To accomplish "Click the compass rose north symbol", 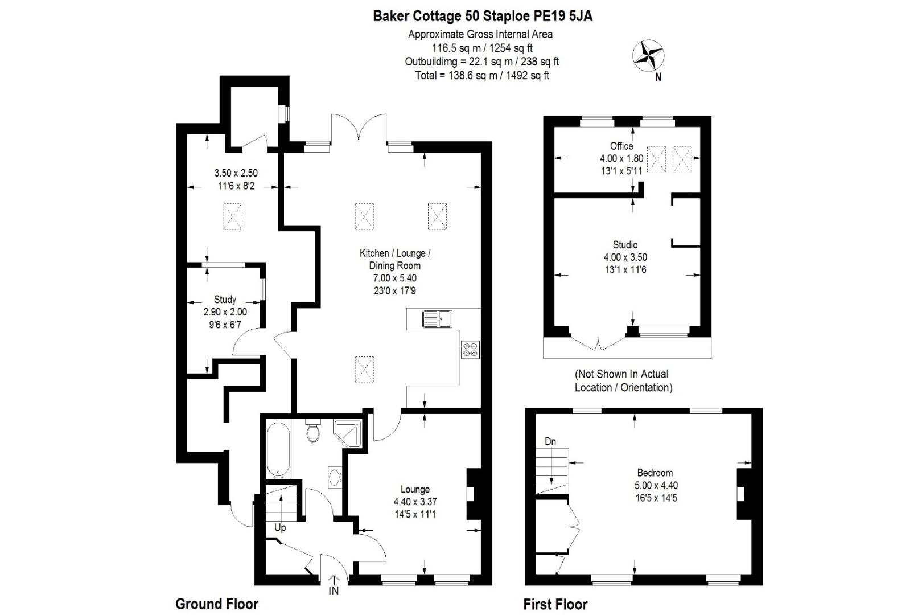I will pyautogui.click(x=648, y=55).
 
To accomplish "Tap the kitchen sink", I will pyautogui.click(x=437, y=319).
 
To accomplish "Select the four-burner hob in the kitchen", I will pyautogui.click(x=470, y=349).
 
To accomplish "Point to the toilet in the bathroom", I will pyautogui.click(x=312, y=432).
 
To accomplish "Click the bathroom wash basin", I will pyautogui.click(x=335, y=477).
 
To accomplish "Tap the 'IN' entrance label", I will pyautogui.click(x=334, y=591).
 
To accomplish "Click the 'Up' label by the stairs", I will pyautogui.click(x=280, y=527).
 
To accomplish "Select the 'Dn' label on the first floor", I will pyautogui.click(x=550, y=441).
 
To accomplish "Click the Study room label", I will pyautogui.click(x=225, y=299).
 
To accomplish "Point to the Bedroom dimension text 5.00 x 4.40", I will pyautogui.click(x=656, y=485).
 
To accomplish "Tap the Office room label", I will pyautogui.click(x=621, y=146).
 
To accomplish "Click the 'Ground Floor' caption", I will pyautogui.click(x=217, y=604).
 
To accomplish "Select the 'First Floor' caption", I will pyautogui.click(x=555, y=604).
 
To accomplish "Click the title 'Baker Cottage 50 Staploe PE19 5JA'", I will pyautogui.click(x=483, y=16).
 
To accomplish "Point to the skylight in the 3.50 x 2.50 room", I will pyautogui.click(x=232, y=216).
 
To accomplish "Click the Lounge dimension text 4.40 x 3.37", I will pyautogui.click(x=415, y=502).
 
